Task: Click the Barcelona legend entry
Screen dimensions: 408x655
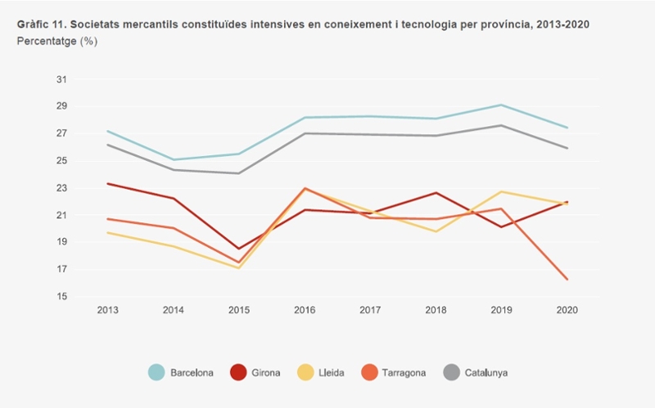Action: point(181,373)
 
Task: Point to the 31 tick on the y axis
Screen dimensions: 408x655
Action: point(62,79)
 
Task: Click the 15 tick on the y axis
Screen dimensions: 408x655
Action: point(62,297)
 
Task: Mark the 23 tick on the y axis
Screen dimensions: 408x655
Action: point(62,188)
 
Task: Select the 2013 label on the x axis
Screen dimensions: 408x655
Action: point(107,310)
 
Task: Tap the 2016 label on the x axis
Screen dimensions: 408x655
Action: point(305,310)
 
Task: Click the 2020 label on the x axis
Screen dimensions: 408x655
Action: point(567,310)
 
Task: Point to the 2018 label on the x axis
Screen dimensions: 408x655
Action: point(436,310)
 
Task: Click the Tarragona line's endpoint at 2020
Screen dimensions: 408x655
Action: point(567,279)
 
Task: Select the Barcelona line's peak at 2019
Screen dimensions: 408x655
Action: point(502,105)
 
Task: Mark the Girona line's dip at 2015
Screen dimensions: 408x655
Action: point(239,249)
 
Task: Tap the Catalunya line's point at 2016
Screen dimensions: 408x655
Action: point(305,133)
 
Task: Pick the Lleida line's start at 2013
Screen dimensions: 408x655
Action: point(107,232)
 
